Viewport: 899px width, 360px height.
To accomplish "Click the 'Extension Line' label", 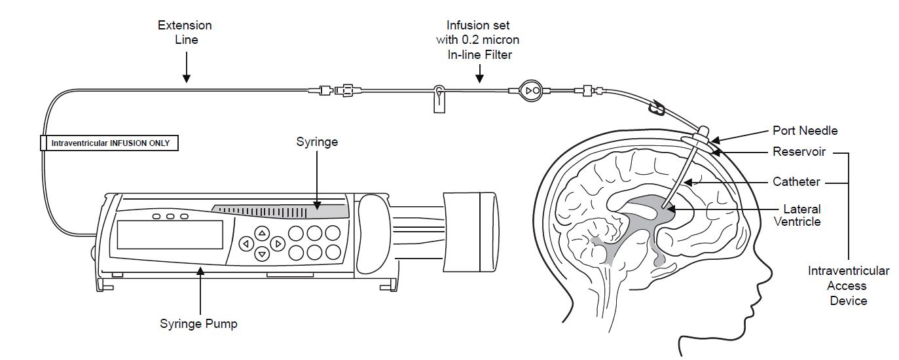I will pos(185,32).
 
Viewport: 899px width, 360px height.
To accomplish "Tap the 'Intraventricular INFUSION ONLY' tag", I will pos(109,142).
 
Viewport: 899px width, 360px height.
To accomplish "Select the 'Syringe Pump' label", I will pos(198,323).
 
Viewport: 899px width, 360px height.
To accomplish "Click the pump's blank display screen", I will pos(170,234).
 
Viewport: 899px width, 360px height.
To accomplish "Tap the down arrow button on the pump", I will pos(261,254).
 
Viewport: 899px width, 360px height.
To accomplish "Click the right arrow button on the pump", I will pos(278,243).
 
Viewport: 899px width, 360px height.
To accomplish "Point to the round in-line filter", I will pos(531,90).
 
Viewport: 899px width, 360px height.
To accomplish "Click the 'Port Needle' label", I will pos(805,130).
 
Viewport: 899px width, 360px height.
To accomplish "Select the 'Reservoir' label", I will pos(799,152).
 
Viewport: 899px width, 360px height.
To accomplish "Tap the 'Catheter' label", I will pos(796,181).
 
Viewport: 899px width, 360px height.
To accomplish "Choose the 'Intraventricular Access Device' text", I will pos(848,285).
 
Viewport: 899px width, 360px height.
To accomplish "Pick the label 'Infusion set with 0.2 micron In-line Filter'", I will pos(478,40).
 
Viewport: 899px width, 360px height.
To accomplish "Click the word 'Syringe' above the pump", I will pos(316,141).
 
